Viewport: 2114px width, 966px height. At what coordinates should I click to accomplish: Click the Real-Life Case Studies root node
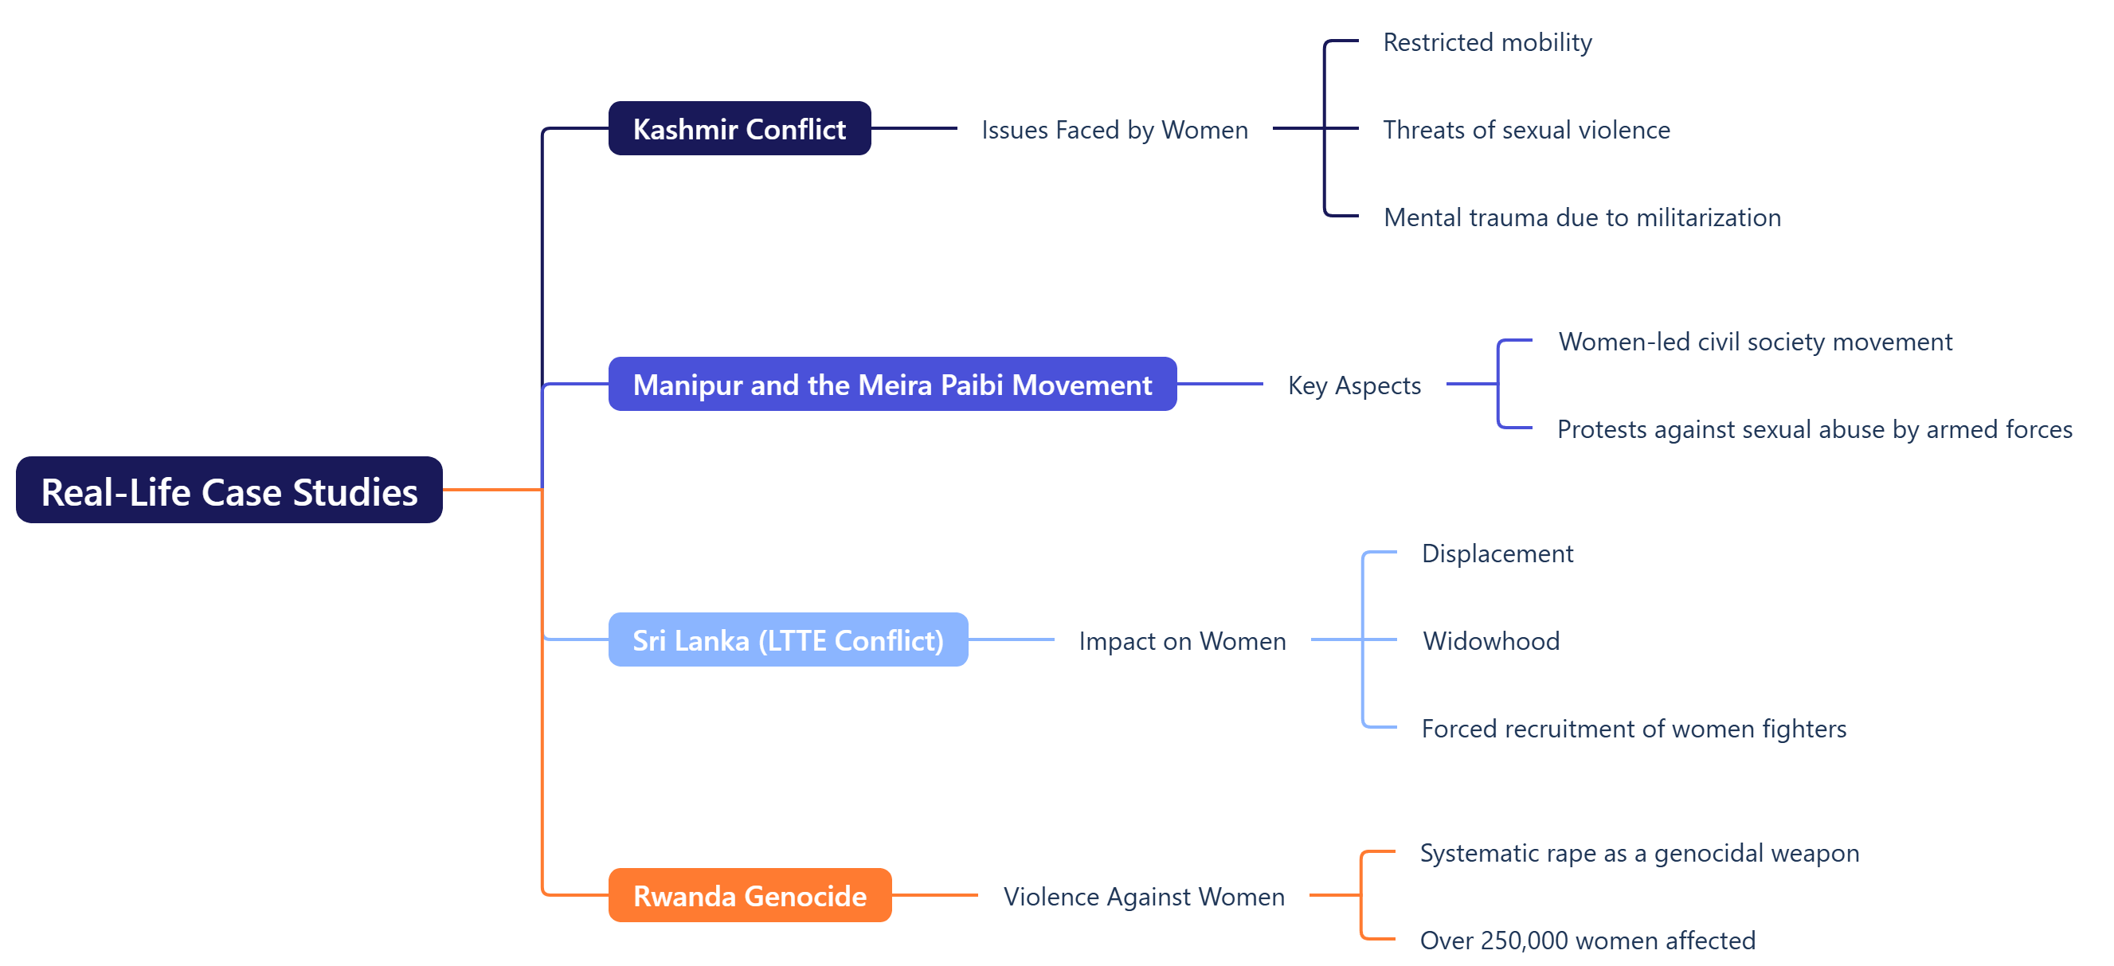click(x=229, y=491)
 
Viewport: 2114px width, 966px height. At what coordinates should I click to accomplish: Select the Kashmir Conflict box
click(x=738, y=129)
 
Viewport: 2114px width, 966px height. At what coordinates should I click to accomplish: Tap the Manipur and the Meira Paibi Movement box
click(x=892, y=384)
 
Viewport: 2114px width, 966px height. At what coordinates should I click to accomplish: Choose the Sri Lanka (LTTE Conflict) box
click(x=788, y=640)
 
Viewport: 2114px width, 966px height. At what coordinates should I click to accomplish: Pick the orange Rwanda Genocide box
click(x=750, y=895)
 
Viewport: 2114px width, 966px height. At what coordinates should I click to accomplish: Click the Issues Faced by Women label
click(x=1114, y=130)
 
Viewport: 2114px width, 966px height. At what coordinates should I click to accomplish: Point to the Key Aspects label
click(x=1354, y=385)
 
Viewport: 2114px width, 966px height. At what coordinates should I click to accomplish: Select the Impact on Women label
click(x=1182, y=641)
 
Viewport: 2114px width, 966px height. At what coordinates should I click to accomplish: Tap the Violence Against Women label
click(x=1143, y=896)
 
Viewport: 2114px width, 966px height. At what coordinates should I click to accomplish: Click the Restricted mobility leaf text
click(x=1487, y=42)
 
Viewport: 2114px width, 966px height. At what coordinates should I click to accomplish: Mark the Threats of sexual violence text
click(x=1526, y=130)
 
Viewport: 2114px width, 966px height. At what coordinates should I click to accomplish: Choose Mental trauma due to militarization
click(x=1581, y=217)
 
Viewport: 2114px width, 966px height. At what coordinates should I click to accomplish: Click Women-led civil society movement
click(x=1755, y=342)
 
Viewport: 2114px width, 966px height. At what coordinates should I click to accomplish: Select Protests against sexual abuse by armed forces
click(x=1815, y=429)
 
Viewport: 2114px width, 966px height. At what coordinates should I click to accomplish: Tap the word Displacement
click(x=1497, y=553)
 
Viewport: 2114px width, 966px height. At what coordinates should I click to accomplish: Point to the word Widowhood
click(x=1490, y=641)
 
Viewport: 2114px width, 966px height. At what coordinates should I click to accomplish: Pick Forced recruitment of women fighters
click(x=1633, y=729)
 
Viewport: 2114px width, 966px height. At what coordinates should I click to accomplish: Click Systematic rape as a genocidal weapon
click(x=1638, y=853)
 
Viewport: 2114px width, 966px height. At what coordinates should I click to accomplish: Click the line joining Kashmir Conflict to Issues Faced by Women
click(x=914, y=128)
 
